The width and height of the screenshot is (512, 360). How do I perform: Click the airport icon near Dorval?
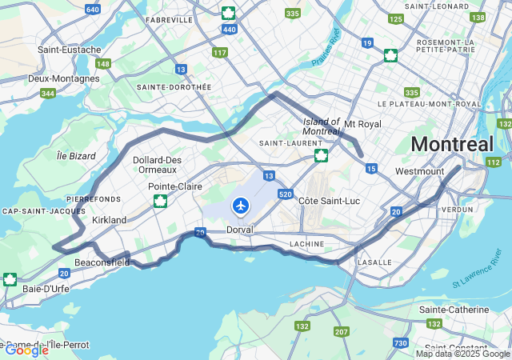pyautogui.click(x=240, y=206)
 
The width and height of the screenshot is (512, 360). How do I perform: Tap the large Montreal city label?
pyautogui.click(x=452, y=145)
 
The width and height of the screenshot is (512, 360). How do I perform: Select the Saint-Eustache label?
pyautogui.click(x=69, y=50)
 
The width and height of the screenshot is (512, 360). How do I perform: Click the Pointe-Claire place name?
pyautogui.click(x=175, y=186)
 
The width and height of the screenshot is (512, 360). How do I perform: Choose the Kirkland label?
pyautogui.click(x=110, y=220)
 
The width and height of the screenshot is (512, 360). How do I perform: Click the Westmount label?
pyautogui.click(x=419, y=171)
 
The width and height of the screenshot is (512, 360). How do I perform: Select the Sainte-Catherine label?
pyautogui.click(x=454, y=310)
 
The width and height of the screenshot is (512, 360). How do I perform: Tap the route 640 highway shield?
pyautogui.click(x=93, y=9)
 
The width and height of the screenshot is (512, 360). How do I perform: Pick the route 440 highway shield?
pyautogui.click(x=230, y=30)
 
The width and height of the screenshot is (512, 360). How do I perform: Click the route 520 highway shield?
pyautogui.click(x=286, y=194)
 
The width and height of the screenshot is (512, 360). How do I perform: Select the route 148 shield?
pyautogui.click(x=103, y=63)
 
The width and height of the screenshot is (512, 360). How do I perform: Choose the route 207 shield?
pyautogui.click(x=342, y=330)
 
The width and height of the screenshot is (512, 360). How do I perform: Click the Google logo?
pyautogui.click(x=26, y=350)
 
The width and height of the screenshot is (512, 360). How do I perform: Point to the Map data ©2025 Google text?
pyautogui.click(x=462, y=354)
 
